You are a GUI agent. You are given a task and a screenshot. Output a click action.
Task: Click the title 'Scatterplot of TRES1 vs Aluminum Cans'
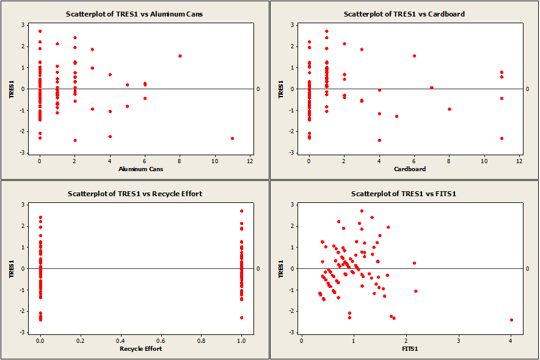click(134, 13)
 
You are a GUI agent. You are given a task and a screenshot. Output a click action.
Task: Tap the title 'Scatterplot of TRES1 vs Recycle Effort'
click(134, 194)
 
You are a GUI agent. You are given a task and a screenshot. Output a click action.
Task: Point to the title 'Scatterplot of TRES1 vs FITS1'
click(404, 194)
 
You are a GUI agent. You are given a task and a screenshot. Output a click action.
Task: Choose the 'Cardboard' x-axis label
click(406, 169)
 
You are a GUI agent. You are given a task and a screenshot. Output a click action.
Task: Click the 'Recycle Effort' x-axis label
click(140, 348)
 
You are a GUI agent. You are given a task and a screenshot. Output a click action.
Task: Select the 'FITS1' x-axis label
click(406, 348)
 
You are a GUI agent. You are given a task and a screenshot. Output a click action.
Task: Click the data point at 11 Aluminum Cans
click(232, 138)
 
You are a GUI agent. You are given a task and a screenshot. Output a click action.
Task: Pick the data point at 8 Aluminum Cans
click(180, 56)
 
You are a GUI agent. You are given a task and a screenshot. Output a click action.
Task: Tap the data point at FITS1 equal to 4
click(511, 320)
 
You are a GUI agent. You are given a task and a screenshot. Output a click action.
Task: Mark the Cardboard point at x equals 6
click(414, 56)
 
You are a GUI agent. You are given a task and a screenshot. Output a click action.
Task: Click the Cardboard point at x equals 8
click(449, 109)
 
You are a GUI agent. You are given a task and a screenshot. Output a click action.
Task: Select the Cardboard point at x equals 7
click(431, 87)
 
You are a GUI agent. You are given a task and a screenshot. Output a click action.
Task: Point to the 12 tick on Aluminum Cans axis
click(250, 161)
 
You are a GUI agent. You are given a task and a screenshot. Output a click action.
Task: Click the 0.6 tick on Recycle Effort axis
click(160, 340)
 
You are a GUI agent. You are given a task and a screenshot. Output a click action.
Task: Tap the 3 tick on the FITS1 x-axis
click(458, 340)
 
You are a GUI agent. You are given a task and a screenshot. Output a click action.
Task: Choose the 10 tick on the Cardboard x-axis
click(484, 161)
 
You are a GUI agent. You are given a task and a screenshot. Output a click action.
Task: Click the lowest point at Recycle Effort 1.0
click(241, 317)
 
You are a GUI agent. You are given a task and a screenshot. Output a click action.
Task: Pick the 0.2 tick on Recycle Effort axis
click(79, 340)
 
